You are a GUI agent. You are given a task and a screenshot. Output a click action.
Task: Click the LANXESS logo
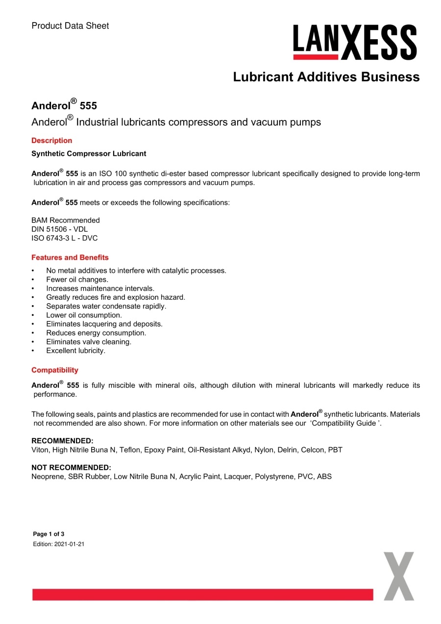point(355,42)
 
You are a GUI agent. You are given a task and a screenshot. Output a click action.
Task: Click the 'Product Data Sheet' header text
point(70,25)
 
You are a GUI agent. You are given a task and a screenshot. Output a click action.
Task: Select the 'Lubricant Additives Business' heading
point(326,77)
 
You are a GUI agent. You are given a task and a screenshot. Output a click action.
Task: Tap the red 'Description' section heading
point(51,141)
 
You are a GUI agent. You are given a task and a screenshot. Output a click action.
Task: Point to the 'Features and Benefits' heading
point(70,258)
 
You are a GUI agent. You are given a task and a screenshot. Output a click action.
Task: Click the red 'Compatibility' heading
point(55,370)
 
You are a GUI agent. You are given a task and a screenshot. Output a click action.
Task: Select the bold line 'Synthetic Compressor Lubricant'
point(89,154)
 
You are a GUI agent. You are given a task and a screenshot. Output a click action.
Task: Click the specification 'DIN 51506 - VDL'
point(60,229)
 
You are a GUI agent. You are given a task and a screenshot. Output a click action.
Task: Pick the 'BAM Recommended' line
point(66,220)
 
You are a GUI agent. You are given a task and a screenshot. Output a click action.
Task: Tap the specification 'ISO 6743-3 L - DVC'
point(65,238)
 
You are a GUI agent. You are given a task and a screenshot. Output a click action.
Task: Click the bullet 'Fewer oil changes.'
point(77,280)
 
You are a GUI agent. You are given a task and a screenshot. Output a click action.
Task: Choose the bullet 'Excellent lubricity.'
point(75,351)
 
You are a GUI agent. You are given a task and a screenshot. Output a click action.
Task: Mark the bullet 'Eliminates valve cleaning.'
point(89,342)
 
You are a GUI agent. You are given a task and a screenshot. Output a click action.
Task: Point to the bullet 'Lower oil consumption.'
point(84,315)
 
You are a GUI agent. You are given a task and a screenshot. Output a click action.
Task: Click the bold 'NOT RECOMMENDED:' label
point(71,467)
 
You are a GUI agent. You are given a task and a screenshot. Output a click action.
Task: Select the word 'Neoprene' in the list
point(47,476)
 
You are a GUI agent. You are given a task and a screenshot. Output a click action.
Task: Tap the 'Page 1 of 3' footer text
point(49,534)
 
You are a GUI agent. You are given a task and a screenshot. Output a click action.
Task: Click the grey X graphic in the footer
point(399,576)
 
